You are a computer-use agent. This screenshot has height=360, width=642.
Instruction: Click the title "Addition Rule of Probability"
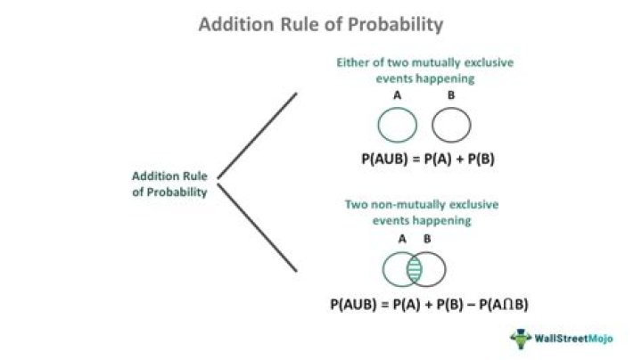click(x=320, y=24)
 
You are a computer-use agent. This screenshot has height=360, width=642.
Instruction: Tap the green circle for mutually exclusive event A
click(x=397, y=125)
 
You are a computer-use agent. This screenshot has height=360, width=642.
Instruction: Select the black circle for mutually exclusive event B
click(x=451, y=125)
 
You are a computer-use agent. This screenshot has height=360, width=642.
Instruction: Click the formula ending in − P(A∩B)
click(x=429, y=304)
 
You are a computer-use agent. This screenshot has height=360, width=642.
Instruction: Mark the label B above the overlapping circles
click(x=426, y=240)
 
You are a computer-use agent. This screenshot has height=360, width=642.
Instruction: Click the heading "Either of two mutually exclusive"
click(x=424, y=64)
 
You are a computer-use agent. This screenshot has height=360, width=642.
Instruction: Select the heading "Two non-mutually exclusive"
click(x=422, y=205)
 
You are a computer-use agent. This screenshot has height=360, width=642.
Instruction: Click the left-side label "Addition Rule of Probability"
click(x=170, y=184)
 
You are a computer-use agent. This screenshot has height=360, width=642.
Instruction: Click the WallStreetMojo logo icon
click(x=520, y=338)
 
